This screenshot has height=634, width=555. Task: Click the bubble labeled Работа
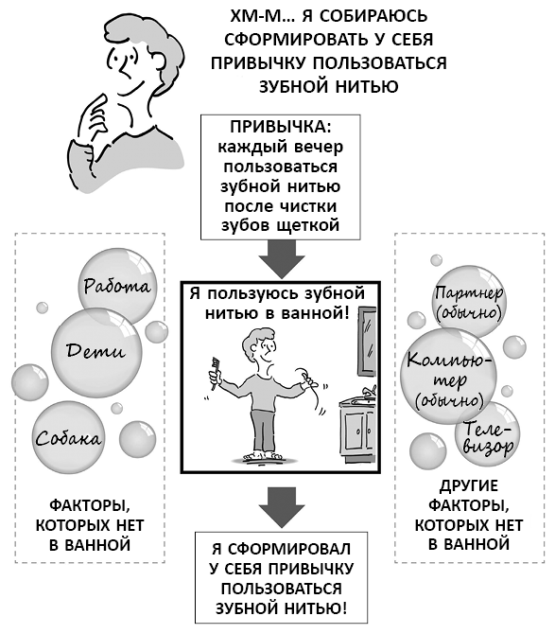coord(117,287)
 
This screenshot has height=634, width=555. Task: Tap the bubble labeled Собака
coord(68,438)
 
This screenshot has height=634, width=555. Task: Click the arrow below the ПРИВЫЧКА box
coord(282,259)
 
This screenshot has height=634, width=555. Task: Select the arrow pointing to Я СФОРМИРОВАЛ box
coord(282,507)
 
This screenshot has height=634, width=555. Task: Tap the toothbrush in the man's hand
coord(215,373)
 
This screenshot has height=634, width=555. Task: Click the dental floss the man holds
coord(311,391)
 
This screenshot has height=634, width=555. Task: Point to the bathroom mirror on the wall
coord(367,337)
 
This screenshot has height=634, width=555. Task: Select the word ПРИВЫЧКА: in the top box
coord(280,127)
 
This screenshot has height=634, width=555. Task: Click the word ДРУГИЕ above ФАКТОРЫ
coord(469,485)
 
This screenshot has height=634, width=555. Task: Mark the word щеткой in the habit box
coord(308,225)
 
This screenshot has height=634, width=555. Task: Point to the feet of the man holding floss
coord(263,456)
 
